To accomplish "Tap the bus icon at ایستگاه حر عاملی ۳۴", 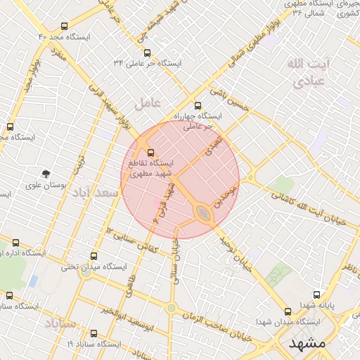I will [147, 53].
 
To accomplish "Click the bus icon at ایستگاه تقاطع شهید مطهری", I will [150, 152].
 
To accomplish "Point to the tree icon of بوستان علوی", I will [46, 173].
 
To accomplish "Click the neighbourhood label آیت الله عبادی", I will [307, 72].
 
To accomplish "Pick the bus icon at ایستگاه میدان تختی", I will [94, 257].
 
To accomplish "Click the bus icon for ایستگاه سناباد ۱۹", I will [94, 333].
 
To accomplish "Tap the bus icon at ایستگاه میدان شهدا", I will [287, 311].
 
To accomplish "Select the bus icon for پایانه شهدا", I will [317, 295].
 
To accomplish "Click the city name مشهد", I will [307, 344].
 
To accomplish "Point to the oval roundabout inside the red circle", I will [204, 213].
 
